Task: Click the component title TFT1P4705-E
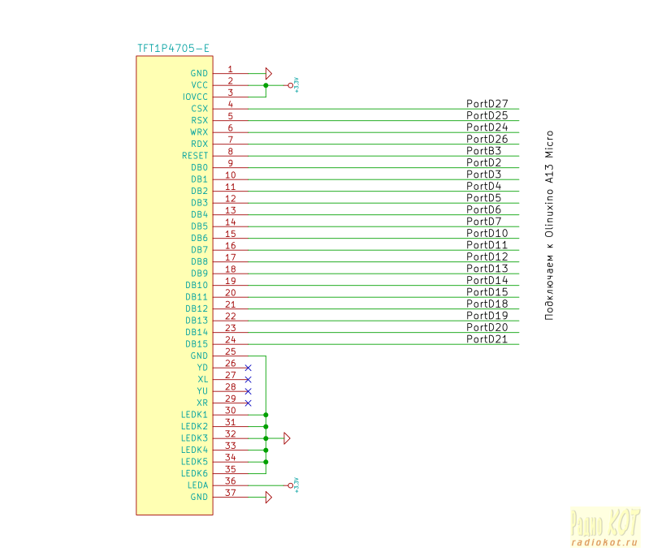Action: click(x=173, y=49)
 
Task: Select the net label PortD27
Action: click(x=487, y=104)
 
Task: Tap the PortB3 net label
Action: click(x=483, y=151)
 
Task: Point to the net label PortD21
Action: click(x=487, y=339)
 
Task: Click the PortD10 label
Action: click(x=487, y=234)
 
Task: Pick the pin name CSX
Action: click(x=199, y=108)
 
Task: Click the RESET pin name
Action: click(x=195, y=155)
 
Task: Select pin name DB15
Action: click(x=197, y=344)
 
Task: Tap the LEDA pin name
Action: click(x=197, y=485)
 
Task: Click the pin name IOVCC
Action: click(x=195, y=97)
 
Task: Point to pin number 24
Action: click(x=230, y=339)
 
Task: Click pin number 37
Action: click(x=230, y=493)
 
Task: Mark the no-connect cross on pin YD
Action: click(x=248, y=368)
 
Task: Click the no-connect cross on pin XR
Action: click(x=248, y=403)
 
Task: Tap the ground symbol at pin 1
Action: click(x=269, y=73)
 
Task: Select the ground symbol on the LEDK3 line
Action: click(x=286, y=438)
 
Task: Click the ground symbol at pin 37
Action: click(x=269, y=497)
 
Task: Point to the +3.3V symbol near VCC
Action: click(x=294, y=84)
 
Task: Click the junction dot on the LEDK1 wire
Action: click(x=266, y=415)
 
